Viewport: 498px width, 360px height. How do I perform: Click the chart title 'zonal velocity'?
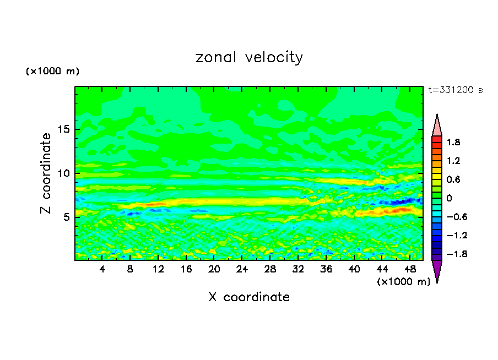pos(249,57)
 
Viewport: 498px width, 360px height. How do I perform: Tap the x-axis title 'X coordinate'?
pos(249,297)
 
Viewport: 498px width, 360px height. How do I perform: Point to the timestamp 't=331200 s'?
pos(455,90)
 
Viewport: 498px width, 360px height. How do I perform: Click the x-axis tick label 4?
pos(102,269)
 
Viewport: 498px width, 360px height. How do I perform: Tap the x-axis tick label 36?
pos(326,269)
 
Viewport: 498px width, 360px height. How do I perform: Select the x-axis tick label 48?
pos(409,269)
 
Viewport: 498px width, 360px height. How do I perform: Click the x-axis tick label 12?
pos(158,269)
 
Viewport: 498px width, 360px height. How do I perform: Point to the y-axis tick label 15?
pos(64,130)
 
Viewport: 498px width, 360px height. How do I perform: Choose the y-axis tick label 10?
pos(64,173)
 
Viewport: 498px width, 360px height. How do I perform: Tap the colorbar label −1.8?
pos(452,254)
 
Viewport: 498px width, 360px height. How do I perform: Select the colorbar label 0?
pos(449,198)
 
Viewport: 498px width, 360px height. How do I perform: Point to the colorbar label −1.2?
pos(452,236)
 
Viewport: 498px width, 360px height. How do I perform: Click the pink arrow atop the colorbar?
pos(437,126)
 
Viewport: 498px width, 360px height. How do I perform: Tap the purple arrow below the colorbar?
pos(437,271)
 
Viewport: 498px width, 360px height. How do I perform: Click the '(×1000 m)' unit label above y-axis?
pos(53,72)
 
